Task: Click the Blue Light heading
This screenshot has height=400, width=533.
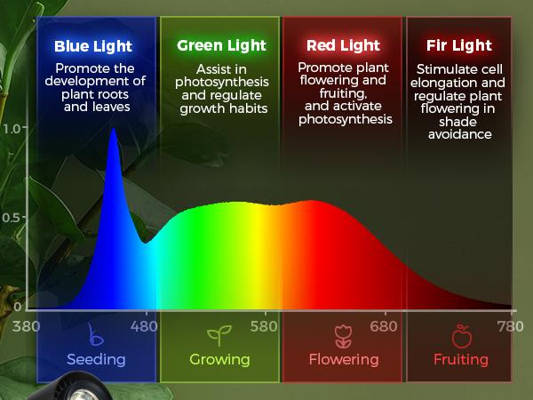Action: pyautogui.click(x=92, y=46)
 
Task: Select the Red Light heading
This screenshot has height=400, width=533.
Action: pyautogui.click(x=343, y=45)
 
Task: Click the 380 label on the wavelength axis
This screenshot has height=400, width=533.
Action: pyautogui.click(x=28, y=326)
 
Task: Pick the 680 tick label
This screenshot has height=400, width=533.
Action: pyautogui.click(x=385, y=326)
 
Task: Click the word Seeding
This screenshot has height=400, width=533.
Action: pyautogui.click(x=96, y=360)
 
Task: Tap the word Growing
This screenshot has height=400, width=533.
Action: pyautogui.click(x=219, y=360)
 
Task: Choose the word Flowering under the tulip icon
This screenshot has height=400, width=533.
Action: pyautogui.click(x=343, y=360)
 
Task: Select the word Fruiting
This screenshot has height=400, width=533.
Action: pyautogui.click(x=461, y=360)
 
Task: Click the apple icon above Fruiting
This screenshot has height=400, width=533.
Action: pyautogui.click(x=461, y=337)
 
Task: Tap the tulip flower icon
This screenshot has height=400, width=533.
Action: pyautogui.click(x=343, y=337)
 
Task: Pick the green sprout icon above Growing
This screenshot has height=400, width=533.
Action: pyautogui.click(x=219, y=337)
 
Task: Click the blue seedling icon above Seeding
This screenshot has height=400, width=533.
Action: pyautogui.click(x=96, y=337)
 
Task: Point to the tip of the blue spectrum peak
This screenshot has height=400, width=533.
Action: pyautogui.click(x=113, y=130)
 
